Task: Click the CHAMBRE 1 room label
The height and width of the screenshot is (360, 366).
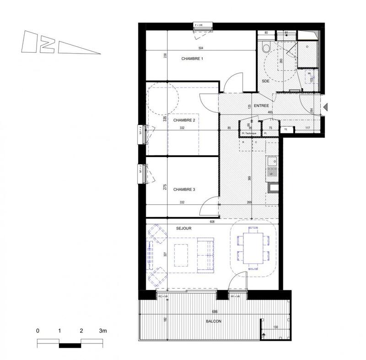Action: coord(192,59)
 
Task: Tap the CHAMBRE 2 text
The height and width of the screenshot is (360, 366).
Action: coord(184,120)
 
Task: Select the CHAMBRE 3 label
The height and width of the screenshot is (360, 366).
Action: coord(184,188)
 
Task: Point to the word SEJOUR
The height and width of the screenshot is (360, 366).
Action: coord(183,228)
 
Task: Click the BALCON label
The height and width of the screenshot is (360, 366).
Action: coord(213,322)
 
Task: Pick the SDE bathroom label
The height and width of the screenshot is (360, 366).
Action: coord(265,81)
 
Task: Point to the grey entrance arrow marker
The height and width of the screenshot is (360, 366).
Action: coord(325,107)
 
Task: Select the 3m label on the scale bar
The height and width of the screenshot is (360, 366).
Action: coord(102,330)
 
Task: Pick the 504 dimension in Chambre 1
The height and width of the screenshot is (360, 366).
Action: coord(200,48)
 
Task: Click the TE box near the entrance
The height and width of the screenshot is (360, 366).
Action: coord(285,130)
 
